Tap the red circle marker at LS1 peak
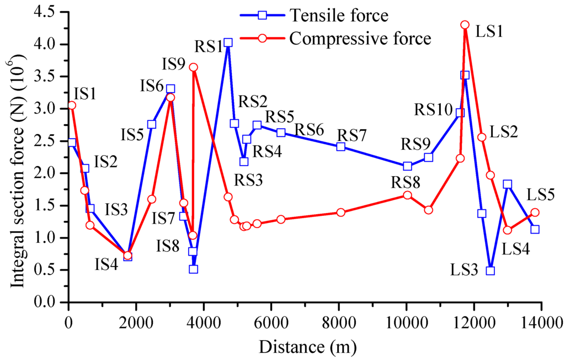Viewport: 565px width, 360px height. tap(465, 25)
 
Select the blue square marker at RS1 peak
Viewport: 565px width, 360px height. tap(228, 43)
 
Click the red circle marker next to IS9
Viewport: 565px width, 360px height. tap(193, 67)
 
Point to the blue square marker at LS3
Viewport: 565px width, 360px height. tap(490, 271)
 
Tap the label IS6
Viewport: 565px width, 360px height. tap(151, 86)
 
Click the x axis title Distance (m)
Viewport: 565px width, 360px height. tap(305, 347)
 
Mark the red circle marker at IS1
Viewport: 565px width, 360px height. tap(72, 105)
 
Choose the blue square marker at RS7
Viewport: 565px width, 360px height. tap(340, 146)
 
